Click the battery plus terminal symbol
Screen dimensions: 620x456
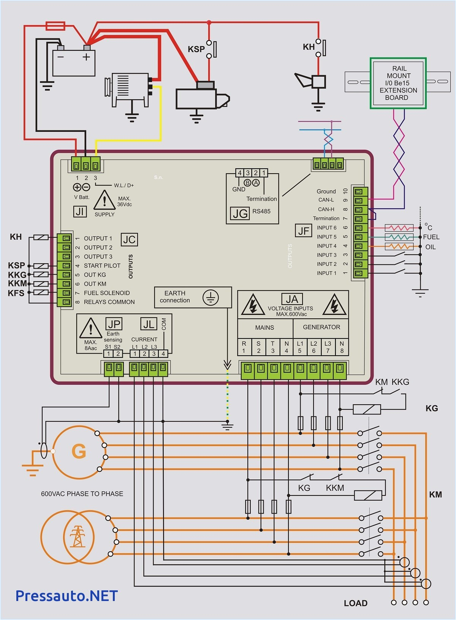pyautogui.click(x=87, y=57)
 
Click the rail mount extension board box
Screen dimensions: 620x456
pyautogui.click(x=398, y=83)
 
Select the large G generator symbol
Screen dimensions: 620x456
pyautogui.click(x=79, y=451)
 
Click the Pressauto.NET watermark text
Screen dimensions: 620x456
pyautogui.click(x=66, y=595)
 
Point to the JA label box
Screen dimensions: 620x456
pyautogui.click(x=292, y=299)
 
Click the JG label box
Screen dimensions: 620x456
pyautogui.click(x=240, y=214)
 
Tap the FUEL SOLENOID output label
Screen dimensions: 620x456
pyautogui.click(x=107, y=293)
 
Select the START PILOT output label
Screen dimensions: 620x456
pyautogui.click(x=102, y=266)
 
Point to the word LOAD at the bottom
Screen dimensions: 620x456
pyautogui.click(x=356, y=603)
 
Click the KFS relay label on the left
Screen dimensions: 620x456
pyautogui.click(x=16, y=293)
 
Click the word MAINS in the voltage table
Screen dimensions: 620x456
pyautogui.click(x=264, y=327)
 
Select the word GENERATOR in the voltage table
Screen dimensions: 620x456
pyautogui.click(x=321, y=327)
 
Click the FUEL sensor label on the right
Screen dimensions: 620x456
pyautogui.click(x=431, y=237)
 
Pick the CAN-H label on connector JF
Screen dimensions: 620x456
pyautogui.click(x=326, y=209)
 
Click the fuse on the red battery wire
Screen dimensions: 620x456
pyautogui.click(x=55, y=26)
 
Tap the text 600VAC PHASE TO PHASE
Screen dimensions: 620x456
pyautogui.click(x=82, y=494)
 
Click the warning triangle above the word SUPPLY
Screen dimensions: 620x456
pyautogui.click(x=104, y=201)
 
